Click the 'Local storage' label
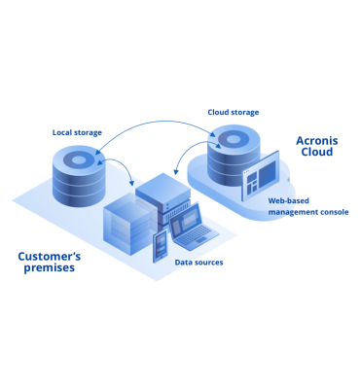point(78,131)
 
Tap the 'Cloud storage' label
point(233,112)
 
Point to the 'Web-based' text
point(291,200)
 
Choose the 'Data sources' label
point(198,263)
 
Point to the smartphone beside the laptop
point(160,245)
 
